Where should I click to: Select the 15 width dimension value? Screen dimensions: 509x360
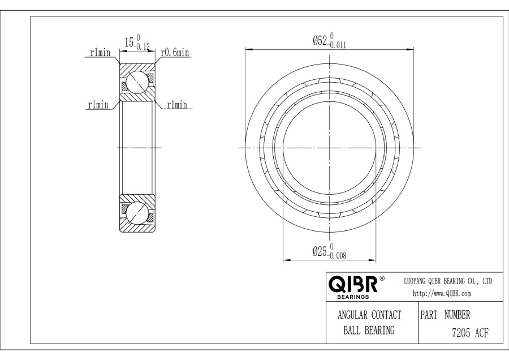129,42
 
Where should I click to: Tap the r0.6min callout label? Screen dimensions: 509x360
175,52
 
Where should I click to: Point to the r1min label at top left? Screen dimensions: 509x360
100,52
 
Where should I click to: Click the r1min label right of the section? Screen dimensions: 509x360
177,105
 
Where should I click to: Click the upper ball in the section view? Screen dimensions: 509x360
137,82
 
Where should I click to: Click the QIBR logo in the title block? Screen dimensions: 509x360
353,284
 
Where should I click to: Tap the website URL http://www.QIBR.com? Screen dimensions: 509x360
442,294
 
